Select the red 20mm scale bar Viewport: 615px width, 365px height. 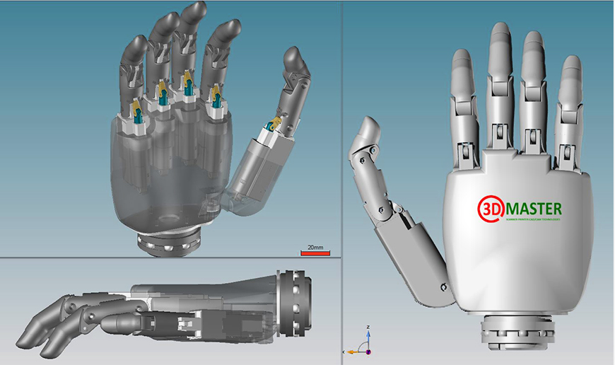tap(315, 253)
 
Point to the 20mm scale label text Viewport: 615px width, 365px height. tap(315, 247)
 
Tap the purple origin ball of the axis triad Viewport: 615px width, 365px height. tap(368, 351)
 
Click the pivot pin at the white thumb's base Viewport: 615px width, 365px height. tap(443, 286)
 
